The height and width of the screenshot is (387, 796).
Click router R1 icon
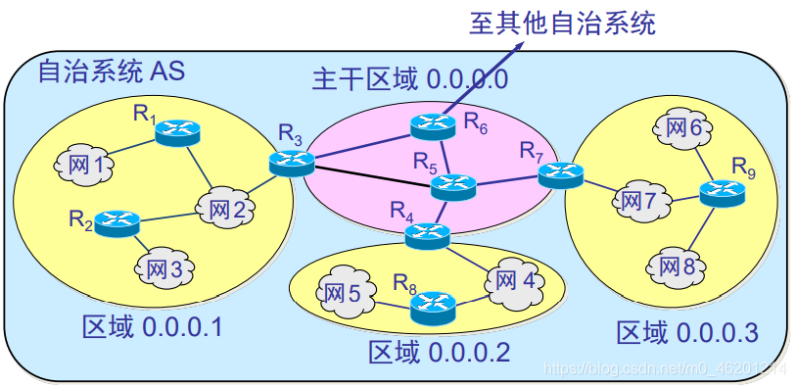177,131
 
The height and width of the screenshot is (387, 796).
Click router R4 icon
427,234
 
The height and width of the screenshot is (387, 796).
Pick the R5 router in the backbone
452,186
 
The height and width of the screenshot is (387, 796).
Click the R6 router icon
432,125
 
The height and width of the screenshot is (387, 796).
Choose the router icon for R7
560,174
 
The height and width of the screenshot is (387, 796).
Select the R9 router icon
722,192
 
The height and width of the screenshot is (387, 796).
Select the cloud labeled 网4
514,278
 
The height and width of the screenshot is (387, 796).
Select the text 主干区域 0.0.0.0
409,79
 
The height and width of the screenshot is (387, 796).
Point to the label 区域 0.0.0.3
686,332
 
